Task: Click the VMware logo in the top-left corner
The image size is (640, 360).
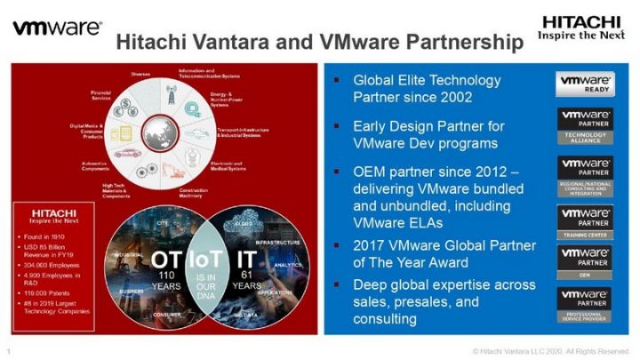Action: (x=57, y=28)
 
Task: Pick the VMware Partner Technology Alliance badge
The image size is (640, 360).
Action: (x=584, y=127)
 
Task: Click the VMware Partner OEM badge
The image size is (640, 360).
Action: (x=584, y=261)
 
